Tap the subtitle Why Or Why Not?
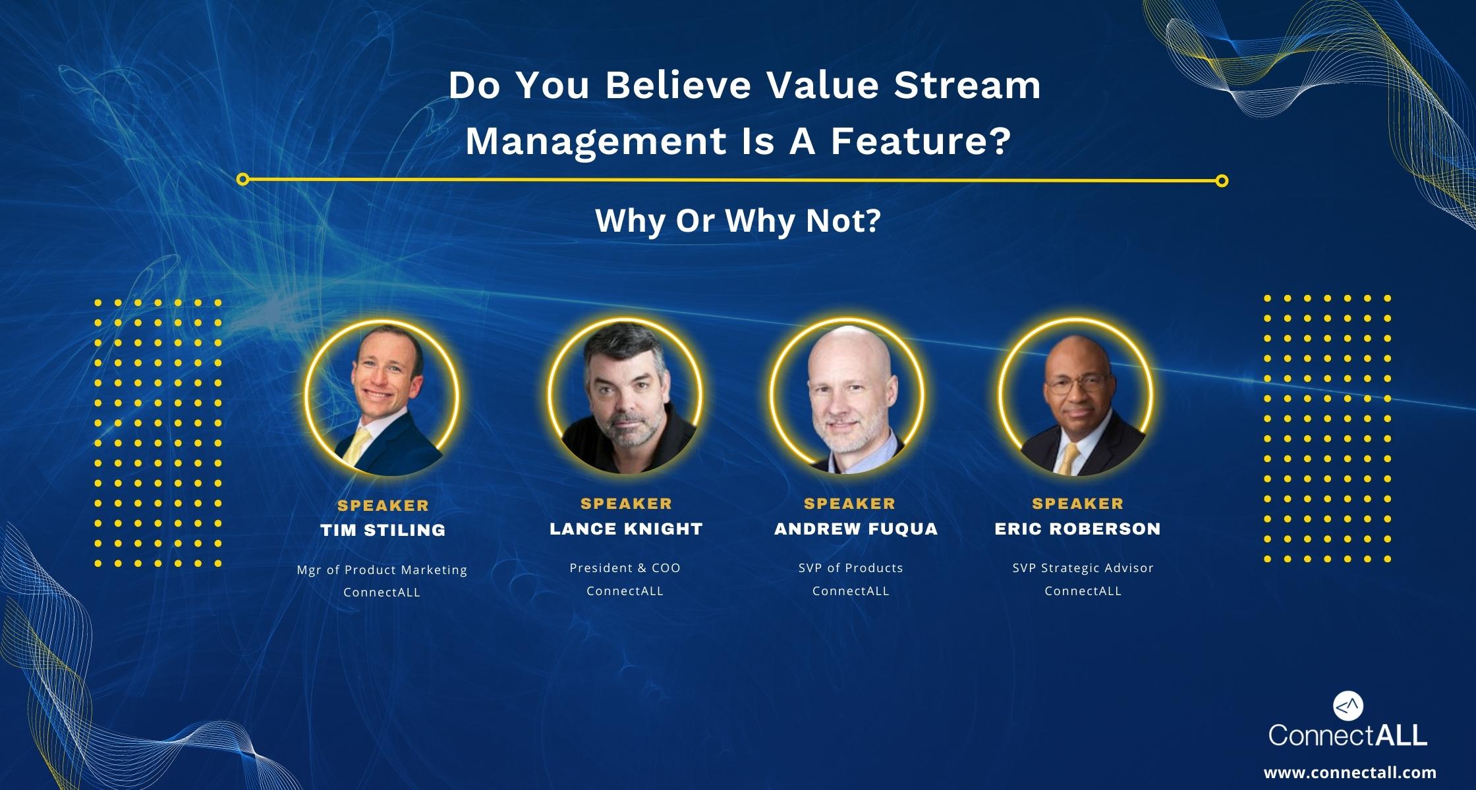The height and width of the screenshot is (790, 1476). tap(738, 221)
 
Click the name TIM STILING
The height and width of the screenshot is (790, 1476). tap(383, 530)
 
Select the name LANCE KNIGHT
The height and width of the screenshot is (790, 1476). tap(626, 529)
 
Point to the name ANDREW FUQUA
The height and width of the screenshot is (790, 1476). tap(855, 529)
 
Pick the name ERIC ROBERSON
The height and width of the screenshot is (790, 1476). tap(1077, 529)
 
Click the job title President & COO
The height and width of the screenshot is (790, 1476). tap(625, 567)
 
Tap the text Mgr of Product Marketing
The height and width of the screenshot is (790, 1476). tap(382, 569)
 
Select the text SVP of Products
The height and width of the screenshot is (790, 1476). tap(851, 567)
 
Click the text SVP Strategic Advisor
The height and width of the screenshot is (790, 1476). tap(1083, 567)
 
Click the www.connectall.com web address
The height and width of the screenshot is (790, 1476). tap(1349, 772)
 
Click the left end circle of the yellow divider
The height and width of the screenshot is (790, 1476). tap(242, 179)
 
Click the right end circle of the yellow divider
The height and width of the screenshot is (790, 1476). tap(1222, 180)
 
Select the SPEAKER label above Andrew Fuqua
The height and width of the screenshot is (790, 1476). tap(849, 504)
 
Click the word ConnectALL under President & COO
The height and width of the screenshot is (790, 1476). tap(625, 591)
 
